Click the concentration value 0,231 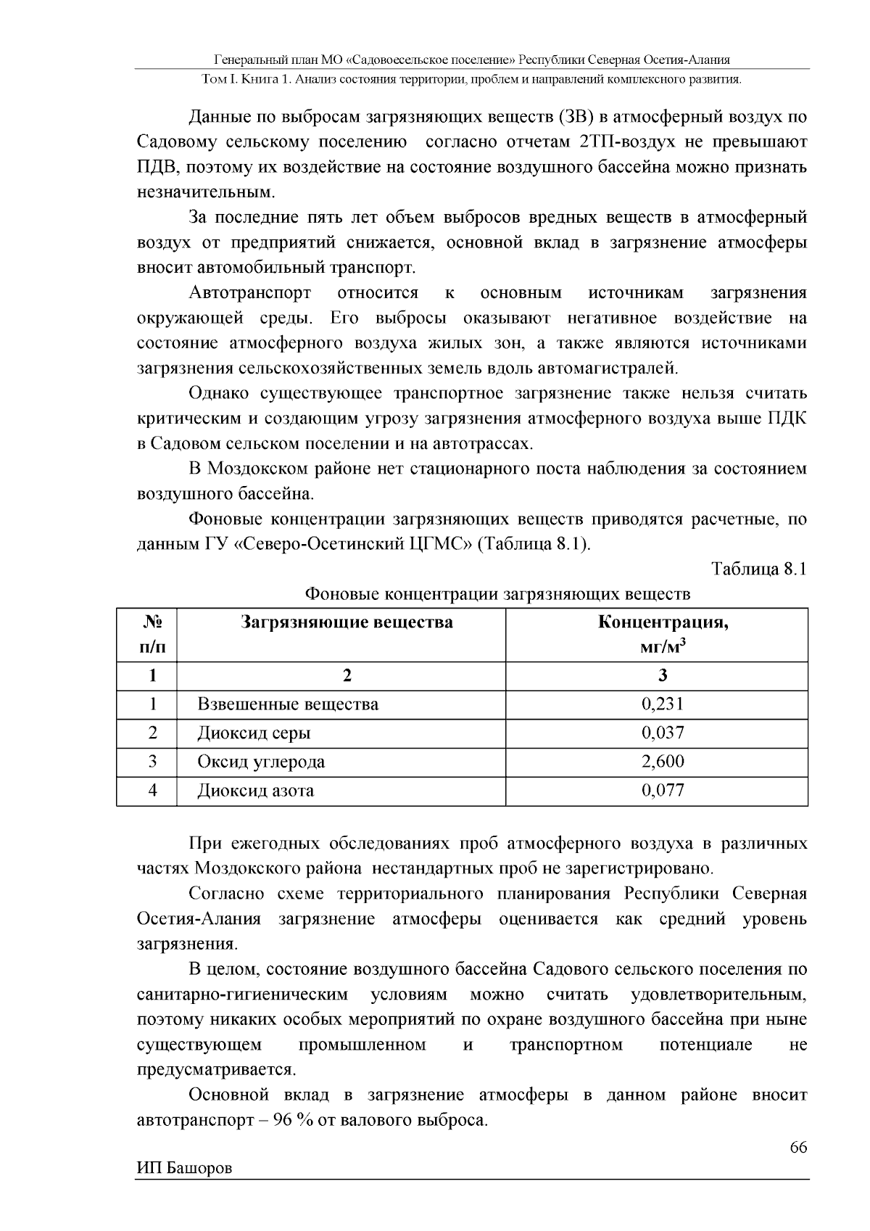[x=662, y=704]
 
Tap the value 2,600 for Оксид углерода [x=662, y=762]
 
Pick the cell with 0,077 [x=662, y=791]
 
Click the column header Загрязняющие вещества [x=347, y=622]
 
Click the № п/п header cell [x=152, y=634]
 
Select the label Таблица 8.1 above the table [x=759, y=569]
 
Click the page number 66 [x=797, y=1148]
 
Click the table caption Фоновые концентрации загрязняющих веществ [x=497, y=594]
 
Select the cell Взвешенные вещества [x=288, y=704]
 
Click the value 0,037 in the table [x=662, y=733]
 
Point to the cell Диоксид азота [x=256, y=791]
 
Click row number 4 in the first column [x=152, y=791]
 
